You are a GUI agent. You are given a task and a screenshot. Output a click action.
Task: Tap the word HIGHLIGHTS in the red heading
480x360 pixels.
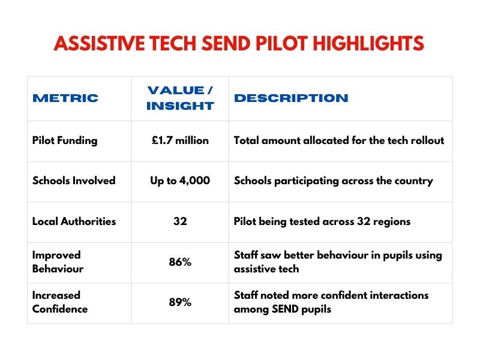pos(371,44)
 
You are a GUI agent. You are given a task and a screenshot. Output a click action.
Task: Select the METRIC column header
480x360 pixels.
pos(65,98)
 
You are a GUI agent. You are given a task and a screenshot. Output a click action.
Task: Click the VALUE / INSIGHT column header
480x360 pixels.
pos(180,98)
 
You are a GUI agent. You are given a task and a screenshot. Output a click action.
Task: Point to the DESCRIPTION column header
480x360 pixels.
pos(291,98)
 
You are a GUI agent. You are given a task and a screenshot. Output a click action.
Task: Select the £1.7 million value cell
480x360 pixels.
pos(180,140)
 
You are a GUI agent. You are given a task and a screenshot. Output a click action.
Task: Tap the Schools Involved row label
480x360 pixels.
pos(74,181)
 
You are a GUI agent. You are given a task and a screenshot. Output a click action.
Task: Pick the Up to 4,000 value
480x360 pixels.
pos(180,181)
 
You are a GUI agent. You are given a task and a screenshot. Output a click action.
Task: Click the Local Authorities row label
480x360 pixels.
pos(74,221)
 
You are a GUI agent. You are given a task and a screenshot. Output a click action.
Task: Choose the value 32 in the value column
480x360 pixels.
pos(180,221)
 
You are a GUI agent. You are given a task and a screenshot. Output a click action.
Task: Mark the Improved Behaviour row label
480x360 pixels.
pos(58,262)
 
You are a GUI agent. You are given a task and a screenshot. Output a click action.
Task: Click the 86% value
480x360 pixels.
pos(180,262)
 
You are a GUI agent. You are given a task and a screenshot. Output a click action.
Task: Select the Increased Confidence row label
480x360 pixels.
pos(60,302)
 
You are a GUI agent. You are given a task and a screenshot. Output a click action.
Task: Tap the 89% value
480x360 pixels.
pos(180,302)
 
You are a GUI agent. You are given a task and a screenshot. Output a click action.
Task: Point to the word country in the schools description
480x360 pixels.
pos(412,181)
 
